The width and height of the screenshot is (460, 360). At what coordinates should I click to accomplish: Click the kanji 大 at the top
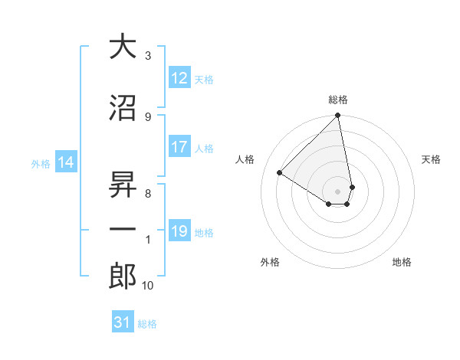click(x=122, y=47)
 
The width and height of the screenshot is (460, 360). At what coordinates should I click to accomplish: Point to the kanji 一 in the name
click(x=122, y=230)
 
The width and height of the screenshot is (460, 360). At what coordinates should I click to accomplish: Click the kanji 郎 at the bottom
click(x=122, y=276)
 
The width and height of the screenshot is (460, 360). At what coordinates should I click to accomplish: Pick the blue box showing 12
click(x=179, y=77)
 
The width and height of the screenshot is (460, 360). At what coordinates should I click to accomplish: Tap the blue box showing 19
click(x=179, y=231)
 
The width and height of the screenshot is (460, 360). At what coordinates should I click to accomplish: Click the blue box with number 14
click(x=66, y=162)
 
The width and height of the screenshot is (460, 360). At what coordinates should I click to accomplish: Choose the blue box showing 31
click(x=123, y=322)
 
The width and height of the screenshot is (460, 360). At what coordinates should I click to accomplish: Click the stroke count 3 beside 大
click(x=147, y=56)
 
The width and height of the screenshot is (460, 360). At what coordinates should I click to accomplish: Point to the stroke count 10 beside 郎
click(x=147, y=286)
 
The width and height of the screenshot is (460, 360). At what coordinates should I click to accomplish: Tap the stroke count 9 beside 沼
click(x=147, y=116)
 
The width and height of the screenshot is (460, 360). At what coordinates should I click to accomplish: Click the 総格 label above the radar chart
click(x=338, y=100)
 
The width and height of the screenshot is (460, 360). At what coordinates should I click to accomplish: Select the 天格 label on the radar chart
click(x=431, y=159)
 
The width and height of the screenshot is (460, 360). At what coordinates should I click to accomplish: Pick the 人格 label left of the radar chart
click(x=245, y=159)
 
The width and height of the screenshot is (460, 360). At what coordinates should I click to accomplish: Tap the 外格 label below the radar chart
click(x=270, y=262)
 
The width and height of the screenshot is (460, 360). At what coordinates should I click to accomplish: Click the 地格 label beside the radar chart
click(x=402, y=262)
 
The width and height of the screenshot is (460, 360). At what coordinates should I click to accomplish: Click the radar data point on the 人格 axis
click(x=280, y=172)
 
